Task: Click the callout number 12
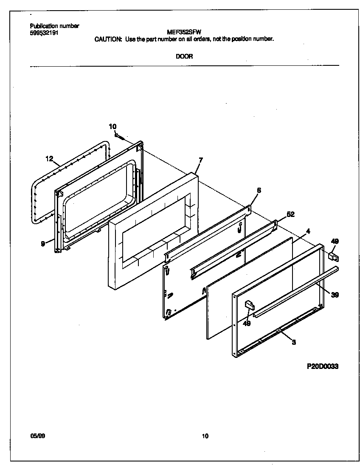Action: [50, 159]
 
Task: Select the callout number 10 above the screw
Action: [112, 127]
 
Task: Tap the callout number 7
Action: [201, 160]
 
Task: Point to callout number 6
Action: [259, 190]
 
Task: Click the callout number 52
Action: [290, 214]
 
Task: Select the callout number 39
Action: [335, 295]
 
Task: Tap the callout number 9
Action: [43, 244]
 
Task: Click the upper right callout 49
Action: [335, 242]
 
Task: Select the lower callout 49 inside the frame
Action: [247, 323]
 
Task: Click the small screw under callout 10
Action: [119, 137]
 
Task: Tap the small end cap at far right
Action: [335, 256]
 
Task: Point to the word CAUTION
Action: [108, 39]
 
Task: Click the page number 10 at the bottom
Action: [205, 436]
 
